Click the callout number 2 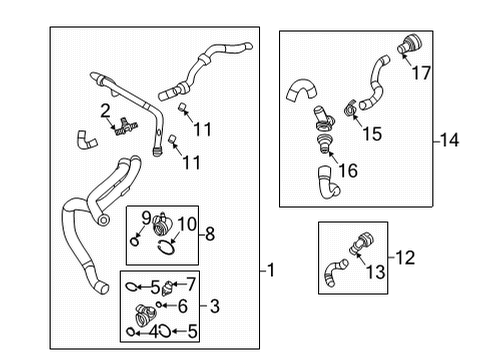click(105, 111)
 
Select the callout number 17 click(421, 73)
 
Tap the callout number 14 click(450, 140)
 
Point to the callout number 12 click(405, 258)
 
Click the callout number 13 click(376, 272)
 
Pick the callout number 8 click(210, 234)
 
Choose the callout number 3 click(215, 306)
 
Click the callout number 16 click(348, 170)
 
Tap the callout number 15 click(372, 134)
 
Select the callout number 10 click(187, 224)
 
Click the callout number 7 click(191, 285)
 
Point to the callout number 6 click(183, 306)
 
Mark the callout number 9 click(146, 218)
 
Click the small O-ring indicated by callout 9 click(135, 241)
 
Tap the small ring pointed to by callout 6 click(159, 304)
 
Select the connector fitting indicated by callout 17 click(410, 44)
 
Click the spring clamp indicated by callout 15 click(350, 108)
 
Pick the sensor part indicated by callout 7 click(167, 288)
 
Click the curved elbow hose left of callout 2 click(86, 141)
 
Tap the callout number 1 click(271, 270)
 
